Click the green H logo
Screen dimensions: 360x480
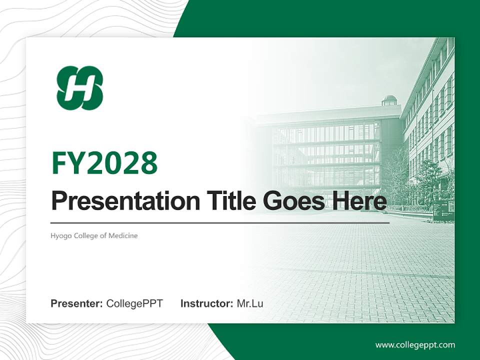coord(80,88)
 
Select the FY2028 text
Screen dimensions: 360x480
coord(104,163)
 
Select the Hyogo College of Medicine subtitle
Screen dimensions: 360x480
coord(94,235)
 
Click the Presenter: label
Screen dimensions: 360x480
coord(77,303)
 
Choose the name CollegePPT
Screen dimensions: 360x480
coord(134,303)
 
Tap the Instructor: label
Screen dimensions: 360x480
coord(206,303)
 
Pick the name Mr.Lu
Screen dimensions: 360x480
coord(249,303)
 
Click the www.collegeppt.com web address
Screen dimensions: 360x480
coord(415,345)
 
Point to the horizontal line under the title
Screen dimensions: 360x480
coord(220,222)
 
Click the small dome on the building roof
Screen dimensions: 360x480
coord(389,100)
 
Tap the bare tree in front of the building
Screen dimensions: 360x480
coord(395,175)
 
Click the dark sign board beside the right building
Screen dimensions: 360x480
coord(443,210)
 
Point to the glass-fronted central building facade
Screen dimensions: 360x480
coord(325,150)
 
